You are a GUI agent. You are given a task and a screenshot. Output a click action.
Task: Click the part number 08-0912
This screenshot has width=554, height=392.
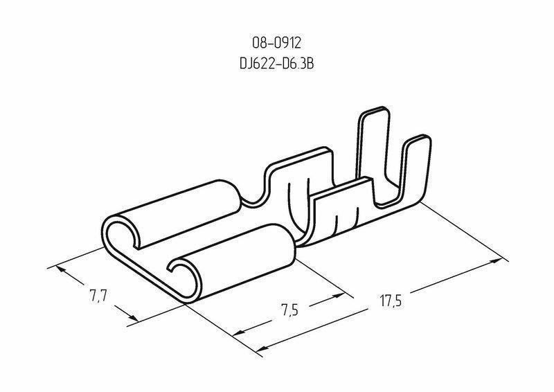[276, 43]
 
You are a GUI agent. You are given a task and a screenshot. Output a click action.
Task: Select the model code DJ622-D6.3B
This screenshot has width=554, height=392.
[276, 64]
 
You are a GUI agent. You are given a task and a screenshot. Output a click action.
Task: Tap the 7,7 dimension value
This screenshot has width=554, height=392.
[98, 295]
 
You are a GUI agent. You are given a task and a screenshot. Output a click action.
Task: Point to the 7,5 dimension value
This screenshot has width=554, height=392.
[290, 310]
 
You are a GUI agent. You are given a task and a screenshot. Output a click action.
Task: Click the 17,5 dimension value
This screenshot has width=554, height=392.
[391, 301]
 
